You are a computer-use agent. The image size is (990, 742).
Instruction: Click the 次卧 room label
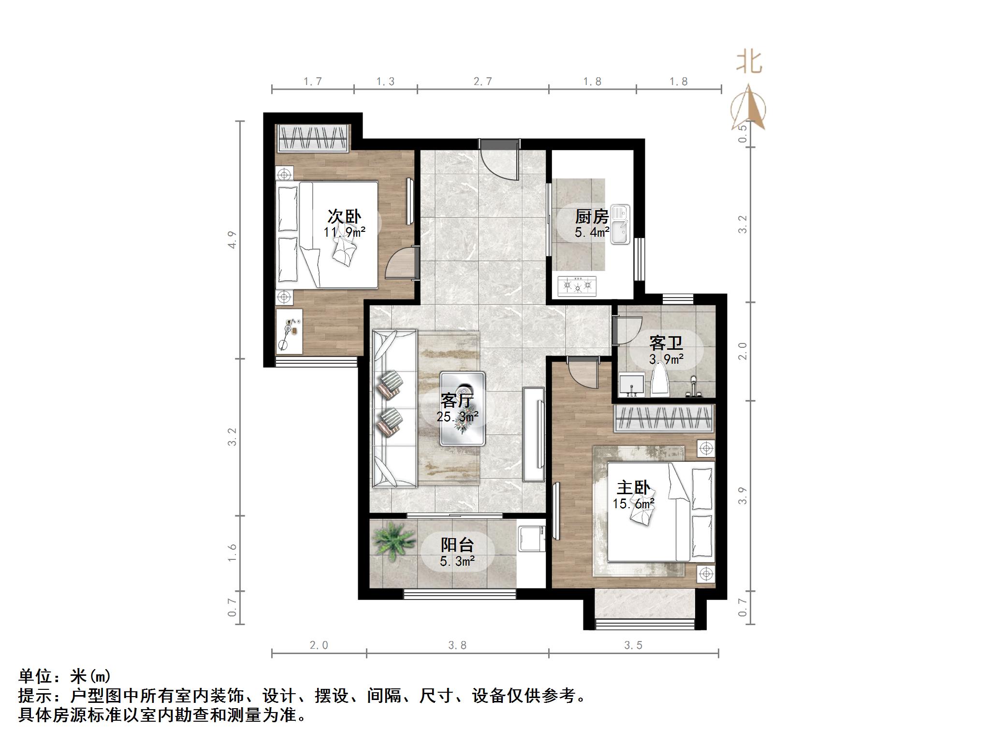point(344,216)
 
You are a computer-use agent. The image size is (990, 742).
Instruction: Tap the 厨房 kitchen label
point(592,216)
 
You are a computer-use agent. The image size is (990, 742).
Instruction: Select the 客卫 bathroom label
point(666,343)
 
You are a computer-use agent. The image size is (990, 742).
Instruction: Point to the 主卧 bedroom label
point(633,488)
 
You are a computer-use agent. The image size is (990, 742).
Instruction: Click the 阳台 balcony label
point(457,545)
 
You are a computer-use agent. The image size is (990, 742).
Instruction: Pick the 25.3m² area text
point(457,416)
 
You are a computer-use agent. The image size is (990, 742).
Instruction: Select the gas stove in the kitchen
point(577,285)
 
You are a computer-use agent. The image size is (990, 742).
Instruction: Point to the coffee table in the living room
point(463,408)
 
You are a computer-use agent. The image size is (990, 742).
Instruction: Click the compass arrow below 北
point(749,109)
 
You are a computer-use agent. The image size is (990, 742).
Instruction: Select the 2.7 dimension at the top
point(482,81)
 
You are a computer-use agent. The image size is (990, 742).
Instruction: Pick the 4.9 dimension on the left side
point(233,240)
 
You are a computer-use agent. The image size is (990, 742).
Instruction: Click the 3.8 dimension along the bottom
point(457,645)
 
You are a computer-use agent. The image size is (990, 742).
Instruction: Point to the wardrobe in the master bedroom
point(663,418)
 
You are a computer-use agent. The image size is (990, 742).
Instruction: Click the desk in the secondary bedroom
point(289,331)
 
